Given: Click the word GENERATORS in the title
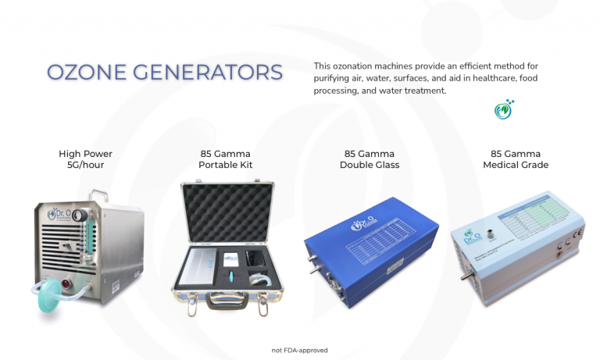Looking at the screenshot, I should (205, 73).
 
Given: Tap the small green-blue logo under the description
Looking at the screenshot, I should (503, 109).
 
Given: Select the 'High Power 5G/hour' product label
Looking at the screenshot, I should (86, 159).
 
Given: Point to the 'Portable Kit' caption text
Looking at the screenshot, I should (226, 165).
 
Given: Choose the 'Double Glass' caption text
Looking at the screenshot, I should (370, 165).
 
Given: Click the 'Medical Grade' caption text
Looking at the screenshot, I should (516, 165).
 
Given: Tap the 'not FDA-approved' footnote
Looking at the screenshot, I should (300, 350).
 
